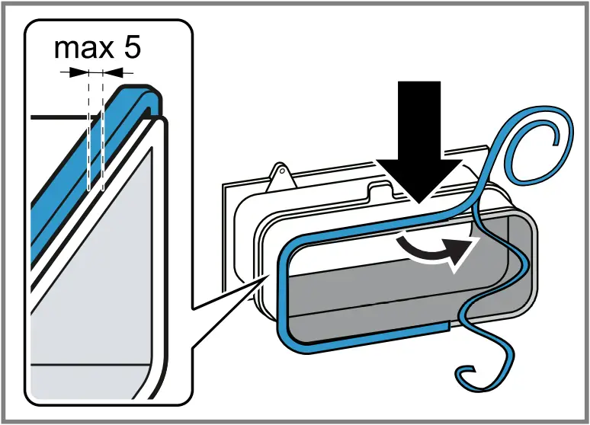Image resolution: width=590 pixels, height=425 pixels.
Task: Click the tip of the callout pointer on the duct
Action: tap(266, 278)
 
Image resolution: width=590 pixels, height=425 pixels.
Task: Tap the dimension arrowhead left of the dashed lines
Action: tap(79, 72)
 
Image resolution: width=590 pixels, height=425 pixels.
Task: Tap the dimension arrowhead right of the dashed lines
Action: tap(112, 72)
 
